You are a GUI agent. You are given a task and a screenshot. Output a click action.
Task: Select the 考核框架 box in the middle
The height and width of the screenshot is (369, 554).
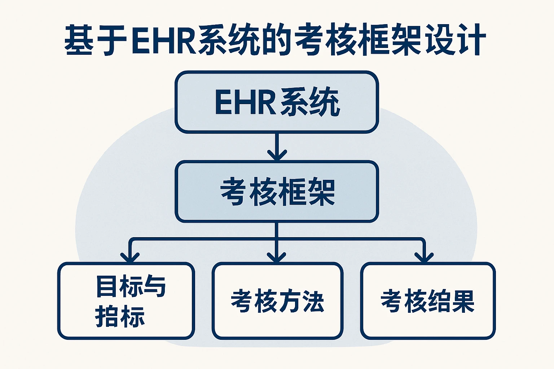click(x=277, y=191)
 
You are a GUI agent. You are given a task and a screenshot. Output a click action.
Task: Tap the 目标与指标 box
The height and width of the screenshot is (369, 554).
click(x=126, y=301)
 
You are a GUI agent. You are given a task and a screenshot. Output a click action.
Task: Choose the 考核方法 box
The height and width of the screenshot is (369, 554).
click(x=277, y=301)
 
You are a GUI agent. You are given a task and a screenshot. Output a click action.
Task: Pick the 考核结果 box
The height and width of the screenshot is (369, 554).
click(x=428, y=301)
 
